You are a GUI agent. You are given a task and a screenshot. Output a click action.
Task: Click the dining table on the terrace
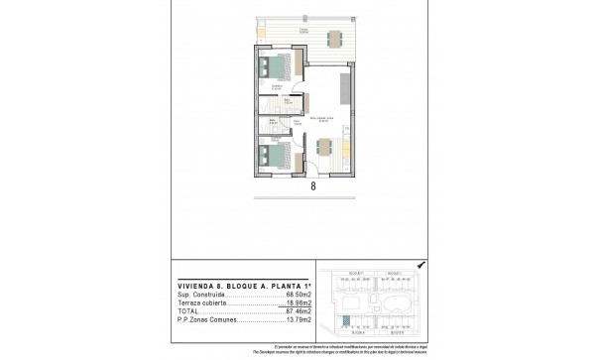pos(334,39)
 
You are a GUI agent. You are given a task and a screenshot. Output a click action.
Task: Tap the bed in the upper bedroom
pos(278,69)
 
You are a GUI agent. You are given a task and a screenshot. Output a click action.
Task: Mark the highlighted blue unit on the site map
pos(345,320)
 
